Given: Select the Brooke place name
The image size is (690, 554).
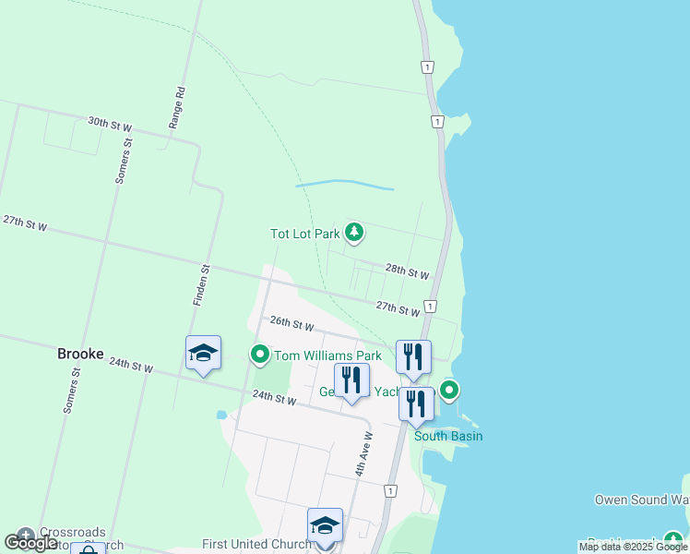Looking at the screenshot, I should (80, 354).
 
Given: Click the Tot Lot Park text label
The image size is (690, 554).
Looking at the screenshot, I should (304, 234).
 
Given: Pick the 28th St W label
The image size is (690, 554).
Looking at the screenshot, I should (407, 271).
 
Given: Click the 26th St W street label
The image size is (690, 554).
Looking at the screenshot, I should (292, 324).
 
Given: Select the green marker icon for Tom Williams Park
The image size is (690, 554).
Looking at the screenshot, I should (260, 355).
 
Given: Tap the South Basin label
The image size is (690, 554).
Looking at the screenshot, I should (448, 436).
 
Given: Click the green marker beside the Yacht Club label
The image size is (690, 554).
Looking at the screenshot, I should (449, 391).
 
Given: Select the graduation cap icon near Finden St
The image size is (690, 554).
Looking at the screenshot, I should (203, 353).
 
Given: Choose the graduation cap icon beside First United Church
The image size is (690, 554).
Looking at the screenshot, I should (325, 525).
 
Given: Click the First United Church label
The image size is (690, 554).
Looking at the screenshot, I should (257, 545).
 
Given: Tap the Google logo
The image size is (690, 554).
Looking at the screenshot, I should (30, 543).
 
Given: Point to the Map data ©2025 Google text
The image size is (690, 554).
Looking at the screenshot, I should (633, 548).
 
